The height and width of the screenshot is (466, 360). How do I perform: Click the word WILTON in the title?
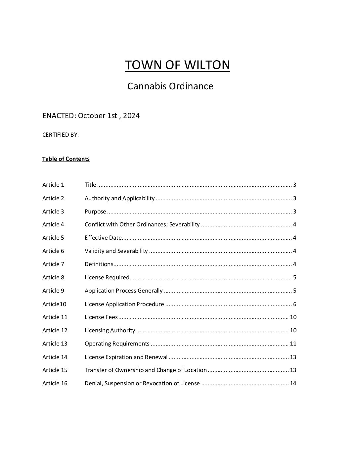pyautogui.click(x=207, y=65)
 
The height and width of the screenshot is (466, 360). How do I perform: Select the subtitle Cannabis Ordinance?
pyautogui.click(x=170, y=86)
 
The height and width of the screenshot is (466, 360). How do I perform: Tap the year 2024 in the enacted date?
pyautogui.click(x=131, y=116)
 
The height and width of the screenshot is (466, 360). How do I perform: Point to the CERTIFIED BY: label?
pyautogui.click(x=61, y=135)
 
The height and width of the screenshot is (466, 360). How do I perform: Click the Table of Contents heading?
pyautogui.click(x=66, y=159)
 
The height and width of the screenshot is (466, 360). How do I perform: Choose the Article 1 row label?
pyautogui.click(x=53, y=185)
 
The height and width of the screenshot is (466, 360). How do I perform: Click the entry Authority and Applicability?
pyautogui.click(x=119, y=198)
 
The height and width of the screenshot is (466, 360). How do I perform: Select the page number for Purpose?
pyautogui.click(x=294, y=211)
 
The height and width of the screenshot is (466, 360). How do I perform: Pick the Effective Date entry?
pyautogui.click(x=103, y=238)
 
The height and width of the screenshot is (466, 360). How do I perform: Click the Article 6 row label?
pyautogui.click(x=53, y=251)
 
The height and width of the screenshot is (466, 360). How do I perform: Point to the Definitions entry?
pyautogui.click(x=99, y=264)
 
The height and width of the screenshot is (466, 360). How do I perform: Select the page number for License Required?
pyautogui.click(x=294, y=277)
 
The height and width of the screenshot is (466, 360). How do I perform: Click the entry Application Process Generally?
pyautogui.click(x=123, y=291)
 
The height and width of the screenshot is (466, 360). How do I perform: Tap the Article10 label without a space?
pyautogui.click(x=54, y=304)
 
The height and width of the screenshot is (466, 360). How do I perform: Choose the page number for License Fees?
pyautogui.click(x=293, y=317)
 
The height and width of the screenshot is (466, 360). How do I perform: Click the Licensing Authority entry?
pyautogui.click(x=110, y=330)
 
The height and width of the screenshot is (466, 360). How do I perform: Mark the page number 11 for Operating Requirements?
pyautogui.click(x=293, y=344)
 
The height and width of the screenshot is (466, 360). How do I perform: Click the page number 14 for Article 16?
pyautogui.click(x=293, y=383)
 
